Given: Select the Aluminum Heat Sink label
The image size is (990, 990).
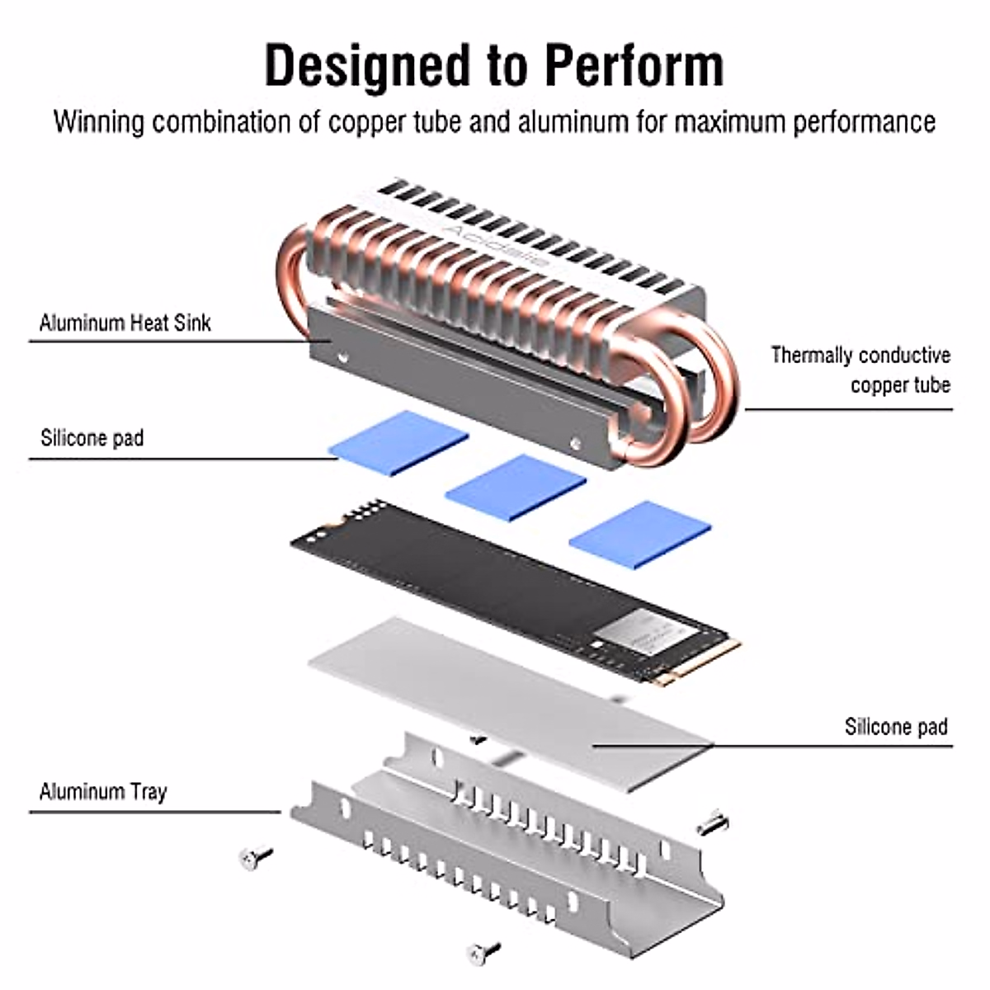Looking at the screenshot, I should click(125, 323).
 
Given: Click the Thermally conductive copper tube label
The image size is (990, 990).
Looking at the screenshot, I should click(860, 370).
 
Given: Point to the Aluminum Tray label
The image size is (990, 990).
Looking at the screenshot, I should click(103, 792).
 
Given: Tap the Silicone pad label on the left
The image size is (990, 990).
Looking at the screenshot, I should click(92, 437).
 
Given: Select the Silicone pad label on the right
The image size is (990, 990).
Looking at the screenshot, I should click(896, 727).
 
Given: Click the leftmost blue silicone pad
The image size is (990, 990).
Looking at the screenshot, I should click(398, 443).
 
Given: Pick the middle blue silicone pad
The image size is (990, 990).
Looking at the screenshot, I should click(515, 488).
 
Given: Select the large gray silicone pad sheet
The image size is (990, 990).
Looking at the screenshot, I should click(511, 701).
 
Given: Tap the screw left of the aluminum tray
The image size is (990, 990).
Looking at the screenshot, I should click(256, 858).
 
